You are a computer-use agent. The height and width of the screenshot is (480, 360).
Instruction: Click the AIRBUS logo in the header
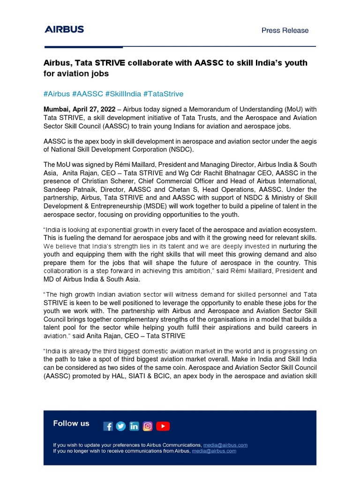pos(64,30)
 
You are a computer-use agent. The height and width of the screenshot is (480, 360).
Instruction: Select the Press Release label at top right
pos(285,30)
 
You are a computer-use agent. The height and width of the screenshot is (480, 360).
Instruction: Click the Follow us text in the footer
pos(71,423)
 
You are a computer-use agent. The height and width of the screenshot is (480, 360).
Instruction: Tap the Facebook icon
pos(108,426)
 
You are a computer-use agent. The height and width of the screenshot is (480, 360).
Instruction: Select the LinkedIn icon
pos(135,426)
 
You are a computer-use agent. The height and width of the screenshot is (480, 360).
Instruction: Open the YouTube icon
pos(163,426)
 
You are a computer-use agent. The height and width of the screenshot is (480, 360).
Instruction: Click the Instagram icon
pos(148,426)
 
